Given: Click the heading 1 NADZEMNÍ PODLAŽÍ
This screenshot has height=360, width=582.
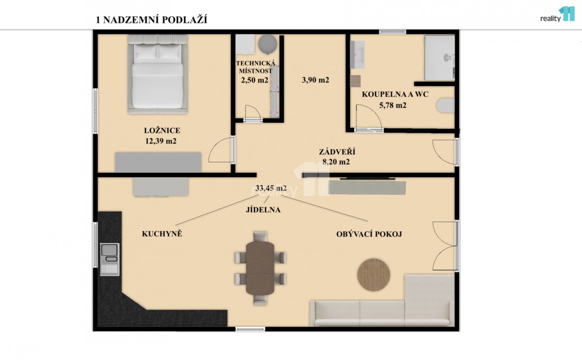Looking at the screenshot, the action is pyautogui.click(x=151, y=20).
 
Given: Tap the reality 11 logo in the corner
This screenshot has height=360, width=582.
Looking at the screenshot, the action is pyautogui.click(x=557, y=14).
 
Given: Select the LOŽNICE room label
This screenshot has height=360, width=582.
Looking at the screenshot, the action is pyautogui.click(x=162, y=131).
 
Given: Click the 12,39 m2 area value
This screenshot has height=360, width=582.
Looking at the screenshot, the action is pyautogui.click(x=161, y=141).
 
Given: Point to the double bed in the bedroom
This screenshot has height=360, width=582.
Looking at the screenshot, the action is pyautogui.click(x=158, y=74).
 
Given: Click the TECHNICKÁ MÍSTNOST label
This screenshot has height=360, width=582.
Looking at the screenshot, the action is pyautogui.click(x=256, y=67).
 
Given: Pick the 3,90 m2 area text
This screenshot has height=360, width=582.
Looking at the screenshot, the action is pyautogui.click(x=315, y=80).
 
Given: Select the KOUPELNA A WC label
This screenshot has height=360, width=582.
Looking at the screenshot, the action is pyautogui.click(x=395, y=94).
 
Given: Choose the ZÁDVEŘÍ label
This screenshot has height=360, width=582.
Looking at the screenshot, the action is pyautogui.click(x=337, y=152).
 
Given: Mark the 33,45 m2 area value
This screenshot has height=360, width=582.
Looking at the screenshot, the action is pyautogui.click(x=271, y=188).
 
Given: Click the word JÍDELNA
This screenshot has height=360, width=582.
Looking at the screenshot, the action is pyautogui.click(x=263, y=210).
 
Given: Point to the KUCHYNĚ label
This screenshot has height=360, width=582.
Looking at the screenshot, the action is pyautogui.click(x=162, y=234).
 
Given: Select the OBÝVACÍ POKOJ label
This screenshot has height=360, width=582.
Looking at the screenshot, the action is pyautogui.click(x=369, y=234).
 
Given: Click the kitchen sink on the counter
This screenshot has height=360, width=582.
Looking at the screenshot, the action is pyautogui.click(x=110, y=259).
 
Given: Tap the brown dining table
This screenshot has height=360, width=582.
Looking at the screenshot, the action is pyautogui.click(x=260, y=268).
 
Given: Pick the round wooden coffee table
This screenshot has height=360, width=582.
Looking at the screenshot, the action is pyautogui.click(x=373, y=275).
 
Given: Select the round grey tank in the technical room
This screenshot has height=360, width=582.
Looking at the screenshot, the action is pyautogui.click(x=268, y=44).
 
